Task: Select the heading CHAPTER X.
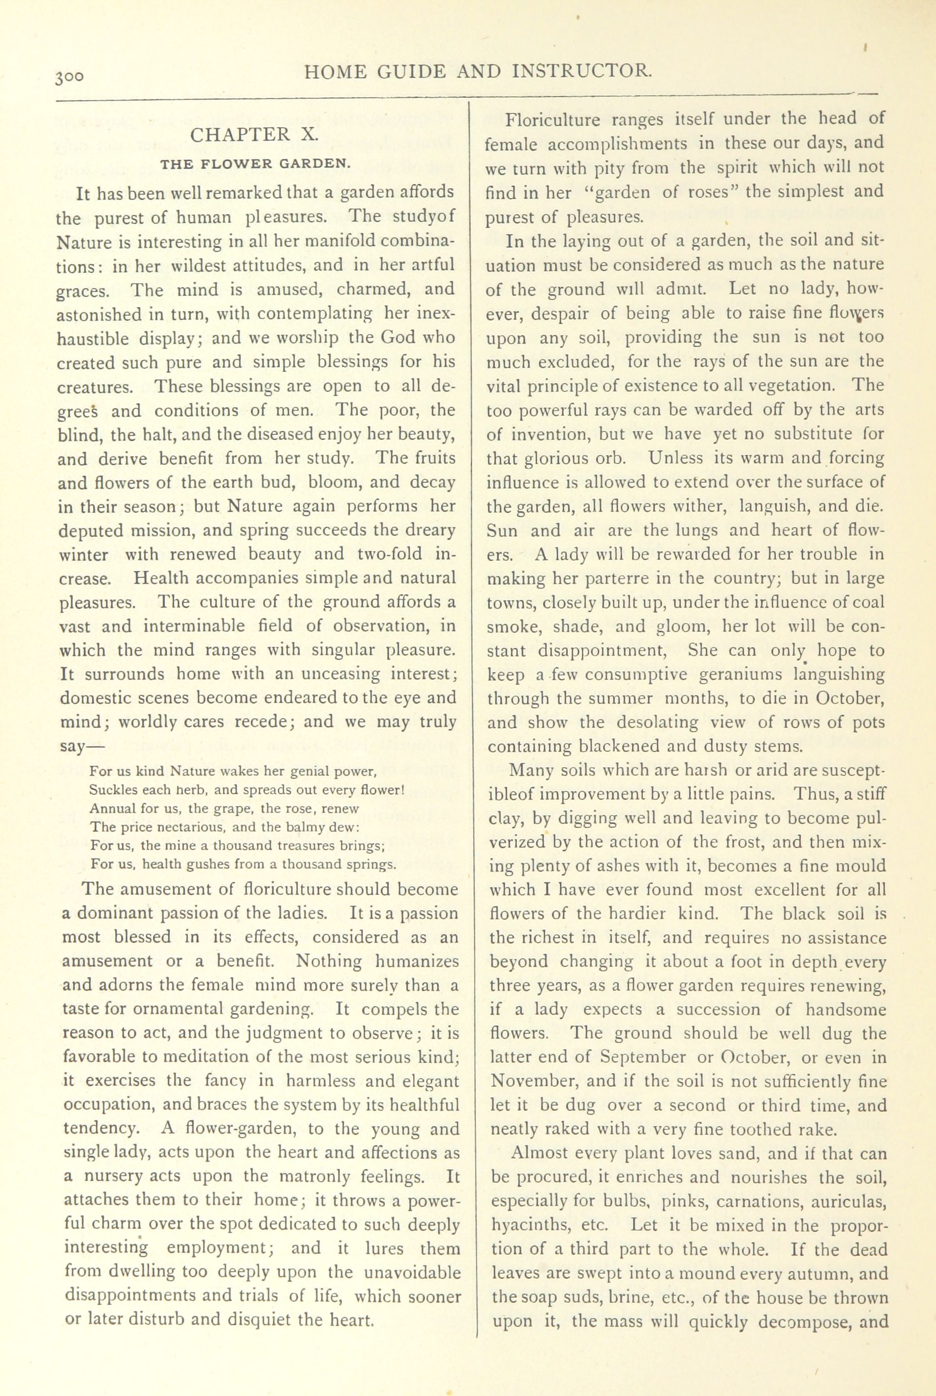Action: (x=255, y=134)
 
